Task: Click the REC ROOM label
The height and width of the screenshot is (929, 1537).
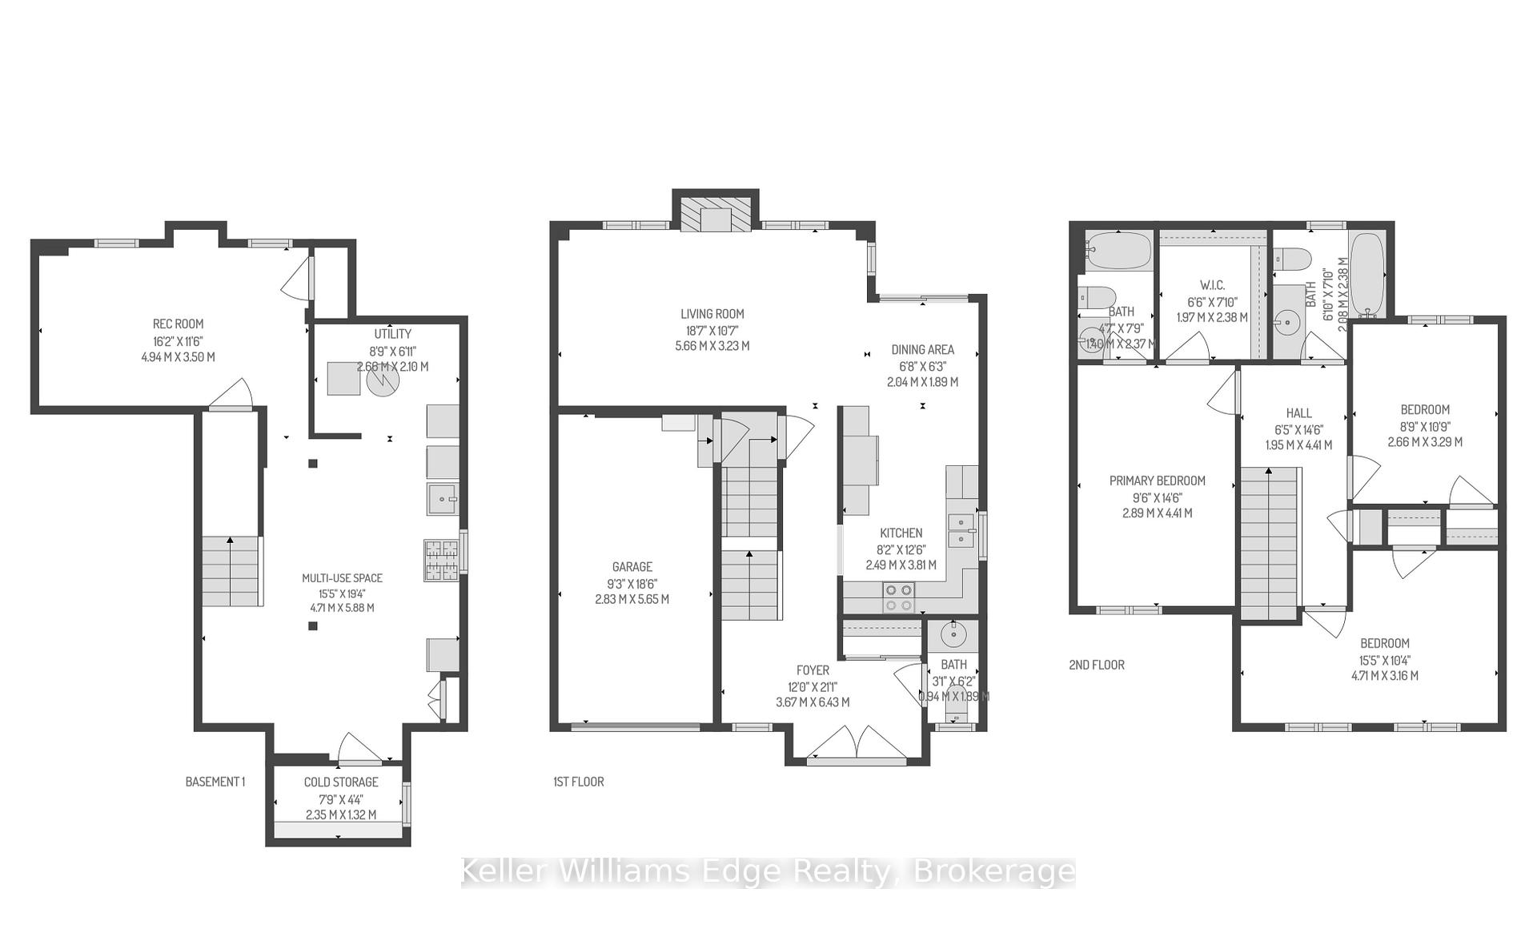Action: pyautogui.click(x=178, y=324)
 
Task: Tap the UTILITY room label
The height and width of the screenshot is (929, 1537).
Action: pyautogui.click(x=392, y=334)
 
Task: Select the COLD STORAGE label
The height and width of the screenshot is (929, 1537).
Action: pyautogui.click(x=341, y=782)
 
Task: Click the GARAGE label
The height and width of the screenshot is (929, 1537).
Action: pyautogui.click(x=632, y=567)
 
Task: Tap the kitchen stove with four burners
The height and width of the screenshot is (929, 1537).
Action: pyautogui.click(x=898, y=597)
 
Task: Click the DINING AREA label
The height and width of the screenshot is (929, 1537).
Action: pyautogui.click(x=922, y=350)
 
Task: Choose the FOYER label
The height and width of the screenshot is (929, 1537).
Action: pyautogui.click(x=813, y=670)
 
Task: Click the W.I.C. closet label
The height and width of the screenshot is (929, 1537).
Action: pyautogui.click(x=1212, y=286)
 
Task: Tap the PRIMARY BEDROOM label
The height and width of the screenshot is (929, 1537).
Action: pyautogui.click(x=1157, y=481)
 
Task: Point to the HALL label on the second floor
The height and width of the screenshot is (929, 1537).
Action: pyautogui.click(x=1298, y=413)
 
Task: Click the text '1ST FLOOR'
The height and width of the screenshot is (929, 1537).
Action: pyautogui.click(x=579, y=782)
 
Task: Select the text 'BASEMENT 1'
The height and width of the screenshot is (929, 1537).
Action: pyautogui.click(x=215, y=782)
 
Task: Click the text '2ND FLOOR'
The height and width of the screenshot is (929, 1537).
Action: pyautogui.click(x=1097, y=665)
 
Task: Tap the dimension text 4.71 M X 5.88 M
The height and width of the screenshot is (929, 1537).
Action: pyautogui.click(x=342, y=608)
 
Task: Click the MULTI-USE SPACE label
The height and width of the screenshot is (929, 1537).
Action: pyautogui.click(x=342, y=578)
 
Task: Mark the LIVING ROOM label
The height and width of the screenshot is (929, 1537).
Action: pyautogui.click(x=712, y=315)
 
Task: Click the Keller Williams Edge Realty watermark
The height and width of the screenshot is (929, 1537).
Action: pyautogui.click(x=768, y=871)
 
